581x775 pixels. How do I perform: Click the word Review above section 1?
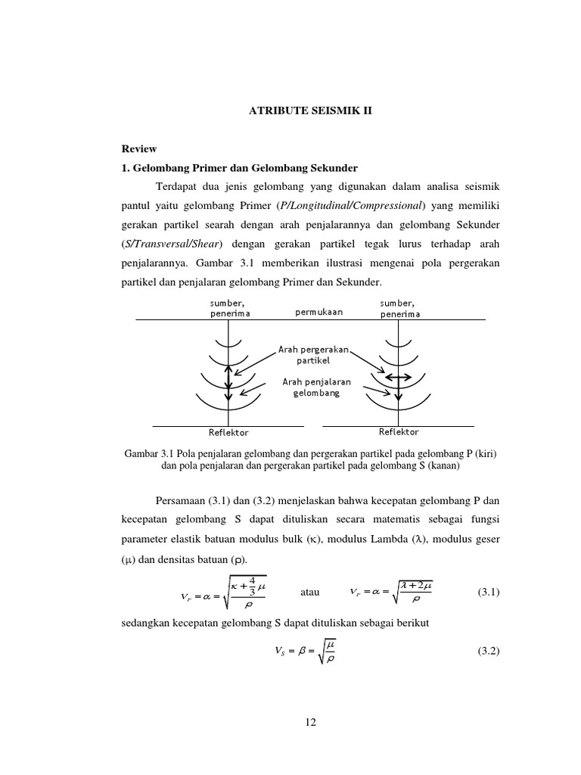click(139, 149)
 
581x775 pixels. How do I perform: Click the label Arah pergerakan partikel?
click(313, 355)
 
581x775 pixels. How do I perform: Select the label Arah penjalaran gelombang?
click(316, 387)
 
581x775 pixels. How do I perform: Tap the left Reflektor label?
click(228, 432)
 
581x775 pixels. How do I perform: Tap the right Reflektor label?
click(399, 431)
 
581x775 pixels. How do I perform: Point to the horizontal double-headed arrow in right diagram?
click(398, 376)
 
